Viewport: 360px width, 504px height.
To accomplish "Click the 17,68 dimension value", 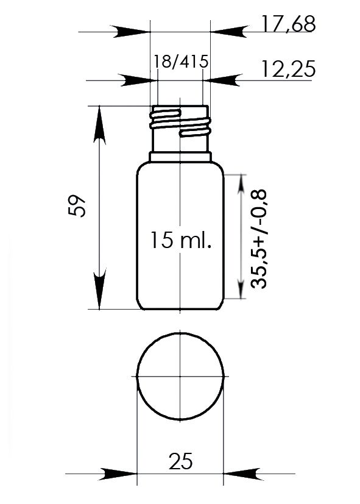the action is tap(288, 24).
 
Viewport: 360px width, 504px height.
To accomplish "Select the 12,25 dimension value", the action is tap(288, 69).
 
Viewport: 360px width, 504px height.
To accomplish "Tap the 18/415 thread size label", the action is tap(181, 62).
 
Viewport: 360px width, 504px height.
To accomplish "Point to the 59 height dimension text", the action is tap(77, 206).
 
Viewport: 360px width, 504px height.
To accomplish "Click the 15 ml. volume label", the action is tap(181, 240).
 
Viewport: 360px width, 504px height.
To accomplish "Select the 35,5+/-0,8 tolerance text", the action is tap(258, 239).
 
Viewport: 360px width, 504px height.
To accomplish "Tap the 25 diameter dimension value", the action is tap(180, 461).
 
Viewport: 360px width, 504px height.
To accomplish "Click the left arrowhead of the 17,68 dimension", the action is tap(132, 32).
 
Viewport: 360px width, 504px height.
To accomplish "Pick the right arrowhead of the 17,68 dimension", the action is tap(229, 32).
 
